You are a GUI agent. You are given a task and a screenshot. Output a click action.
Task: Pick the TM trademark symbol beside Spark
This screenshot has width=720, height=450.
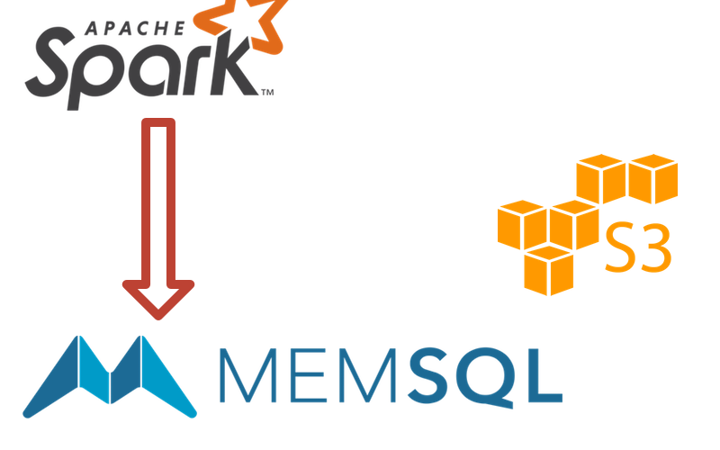coord(267,92)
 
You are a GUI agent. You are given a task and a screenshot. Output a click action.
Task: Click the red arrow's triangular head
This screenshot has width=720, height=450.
coord(159,298)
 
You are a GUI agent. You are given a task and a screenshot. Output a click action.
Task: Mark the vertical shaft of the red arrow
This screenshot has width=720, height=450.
coord(159,198)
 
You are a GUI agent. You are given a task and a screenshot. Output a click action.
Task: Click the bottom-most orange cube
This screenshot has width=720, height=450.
coord(548,269)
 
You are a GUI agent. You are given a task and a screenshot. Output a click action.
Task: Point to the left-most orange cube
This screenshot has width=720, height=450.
coord(522,225)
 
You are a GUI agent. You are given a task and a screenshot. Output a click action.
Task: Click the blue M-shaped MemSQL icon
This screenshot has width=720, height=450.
coord(110,378)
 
